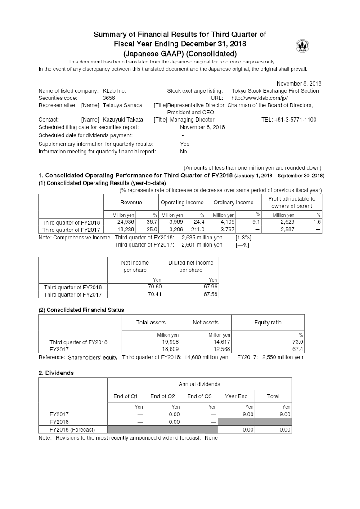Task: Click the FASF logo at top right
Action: pyautogui.click(x=302, y=46)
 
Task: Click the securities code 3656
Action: pyautogui.click(x=108, y=98)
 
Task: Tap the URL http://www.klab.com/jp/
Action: pyautogui.click(x=259, y=98)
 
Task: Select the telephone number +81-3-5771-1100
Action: pyautogui.click(x=288, y=120)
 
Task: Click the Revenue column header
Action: pyautogui.click(x=131, y=203)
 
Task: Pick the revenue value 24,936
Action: pyautogui.click(x=126, y=222)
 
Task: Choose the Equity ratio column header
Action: pyautogui.click(x=268, y=323)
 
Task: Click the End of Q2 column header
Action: pyautogui.click(x=162, y=396)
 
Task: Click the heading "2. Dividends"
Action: pyautogui.click(x=56, y=373)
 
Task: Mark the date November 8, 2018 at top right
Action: pyautogui.click(x=299, y=84)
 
